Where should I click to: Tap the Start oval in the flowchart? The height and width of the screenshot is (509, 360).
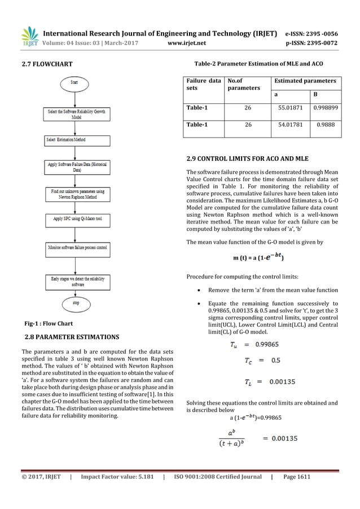[74, 82]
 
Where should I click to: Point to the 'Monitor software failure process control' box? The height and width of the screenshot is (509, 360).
[74, 247]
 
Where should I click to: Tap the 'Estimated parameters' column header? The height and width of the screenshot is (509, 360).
[305, 81]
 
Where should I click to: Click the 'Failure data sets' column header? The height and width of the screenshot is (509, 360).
[204, 85]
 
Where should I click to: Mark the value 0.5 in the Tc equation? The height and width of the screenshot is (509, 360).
[276, 359]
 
